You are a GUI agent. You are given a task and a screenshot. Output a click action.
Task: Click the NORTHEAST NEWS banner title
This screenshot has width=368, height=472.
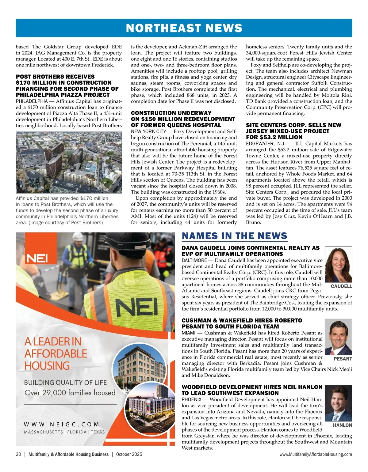click(x=184, y=28)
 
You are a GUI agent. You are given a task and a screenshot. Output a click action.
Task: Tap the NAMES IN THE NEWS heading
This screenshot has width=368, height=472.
click(x=234, y=236)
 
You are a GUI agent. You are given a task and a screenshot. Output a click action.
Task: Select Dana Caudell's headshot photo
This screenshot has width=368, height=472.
click(x=338, y=265)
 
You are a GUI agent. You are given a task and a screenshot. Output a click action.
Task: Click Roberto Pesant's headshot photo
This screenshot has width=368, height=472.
click(x=338, y=337)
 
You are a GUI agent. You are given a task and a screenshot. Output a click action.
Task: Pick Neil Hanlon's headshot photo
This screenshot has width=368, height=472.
click(x=338, y=403)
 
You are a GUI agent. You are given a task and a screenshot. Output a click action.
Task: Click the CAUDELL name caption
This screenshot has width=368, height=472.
click(x=342, y=286)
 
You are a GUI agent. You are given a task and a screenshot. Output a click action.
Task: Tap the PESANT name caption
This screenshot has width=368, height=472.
click(x=343, y=359)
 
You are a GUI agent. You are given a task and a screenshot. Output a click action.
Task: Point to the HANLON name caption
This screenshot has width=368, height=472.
click(x=342, y=425)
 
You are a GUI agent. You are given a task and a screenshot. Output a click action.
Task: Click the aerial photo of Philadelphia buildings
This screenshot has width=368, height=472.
click(x=69, y=162)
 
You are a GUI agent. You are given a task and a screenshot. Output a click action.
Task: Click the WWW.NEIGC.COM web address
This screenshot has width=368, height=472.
click(x=61, y=424)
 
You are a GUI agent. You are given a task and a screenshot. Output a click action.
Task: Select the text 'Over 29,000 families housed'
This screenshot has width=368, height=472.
click(x=70, y=393)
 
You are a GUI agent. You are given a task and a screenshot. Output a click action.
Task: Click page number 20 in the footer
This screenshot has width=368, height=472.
click(x=18, y=454)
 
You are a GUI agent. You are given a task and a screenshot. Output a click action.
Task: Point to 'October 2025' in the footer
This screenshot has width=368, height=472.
click(x=129, y=454)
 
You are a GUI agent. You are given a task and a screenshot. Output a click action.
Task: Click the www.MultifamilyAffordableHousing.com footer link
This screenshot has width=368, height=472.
click(x=316, y=454)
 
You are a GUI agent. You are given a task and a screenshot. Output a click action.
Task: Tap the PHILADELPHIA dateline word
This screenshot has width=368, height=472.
click(x=32, y=101)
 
